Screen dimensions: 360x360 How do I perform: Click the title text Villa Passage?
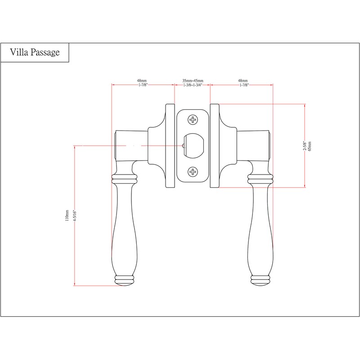tap(35, 53)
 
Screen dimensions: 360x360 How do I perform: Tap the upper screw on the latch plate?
tap(193, 120)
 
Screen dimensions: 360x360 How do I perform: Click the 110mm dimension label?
tap(67, 216)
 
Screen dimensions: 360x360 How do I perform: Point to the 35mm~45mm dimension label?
tap(193, 81)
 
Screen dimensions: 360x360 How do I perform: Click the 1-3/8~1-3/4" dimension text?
tap(193, 85)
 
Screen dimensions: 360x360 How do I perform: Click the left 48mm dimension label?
tap(143, 81)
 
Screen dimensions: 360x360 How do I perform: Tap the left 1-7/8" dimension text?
tap(143, 85)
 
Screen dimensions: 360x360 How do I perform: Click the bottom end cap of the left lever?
tap(124, 280)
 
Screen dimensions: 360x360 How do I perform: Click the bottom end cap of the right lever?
tap(261, 280)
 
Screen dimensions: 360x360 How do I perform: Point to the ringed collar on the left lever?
tap(124, 180)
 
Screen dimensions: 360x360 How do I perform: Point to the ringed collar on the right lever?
tap(261, 180)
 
